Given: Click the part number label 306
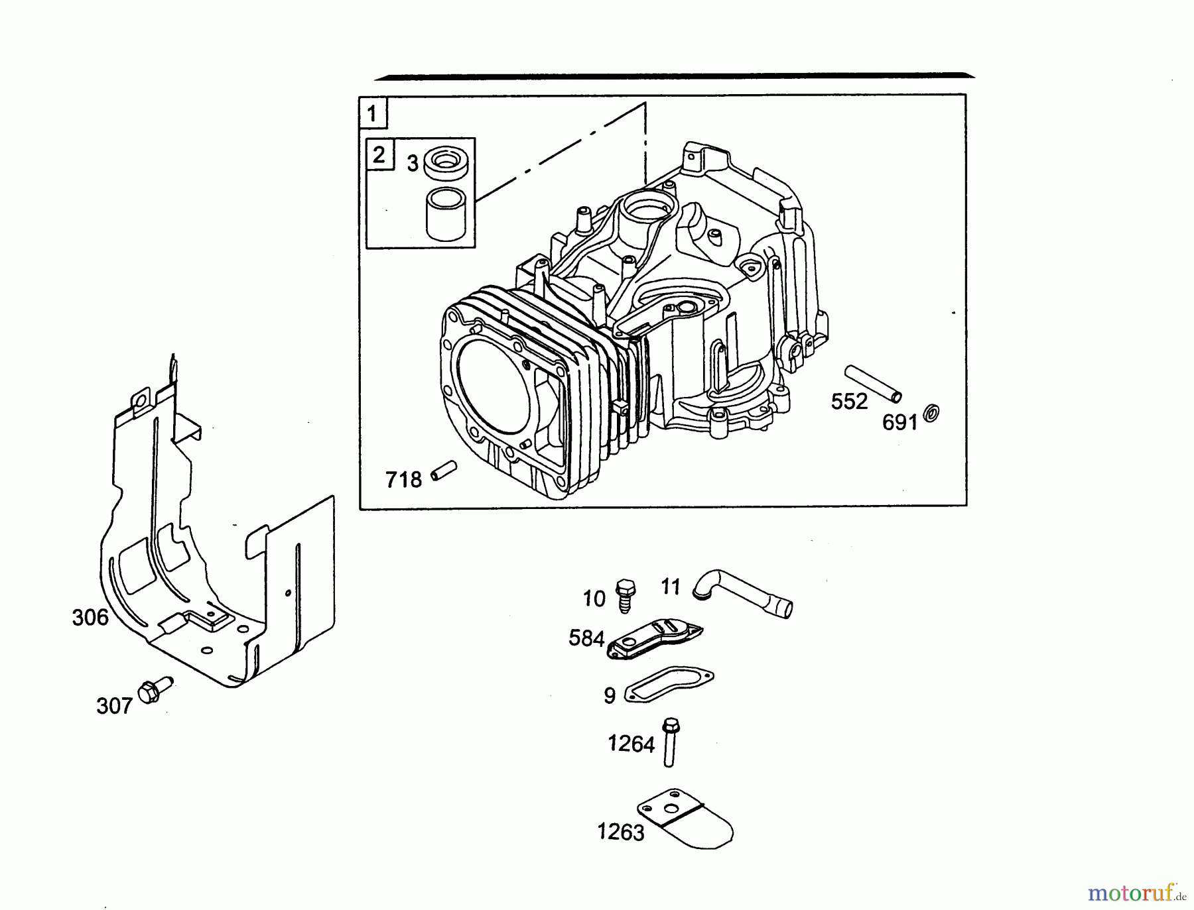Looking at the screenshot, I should (90, 618).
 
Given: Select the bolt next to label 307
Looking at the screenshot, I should (153, 691).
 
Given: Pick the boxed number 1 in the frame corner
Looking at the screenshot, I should (372, 113).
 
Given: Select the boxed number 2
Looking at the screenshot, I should (379, 155).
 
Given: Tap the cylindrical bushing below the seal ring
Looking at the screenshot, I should (447, 213).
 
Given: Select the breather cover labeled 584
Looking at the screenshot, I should (654, 638).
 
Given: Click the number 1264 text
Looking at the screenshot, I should (631, 744).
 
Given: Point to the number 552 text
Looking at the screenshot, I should (849, 402).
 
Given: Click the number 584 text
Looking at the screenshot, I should (586, 638).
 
